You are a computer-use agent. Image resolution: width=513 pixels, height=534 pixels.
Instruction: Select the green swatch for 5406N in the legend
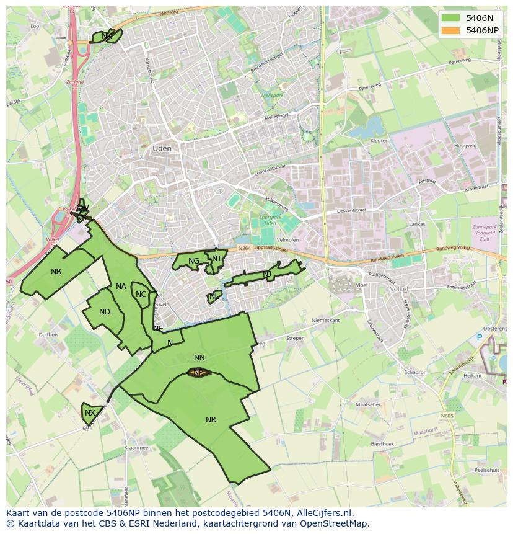tap(452, 18)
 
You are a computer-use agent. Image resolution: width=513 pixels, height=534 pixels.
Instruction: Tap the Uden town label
tap(162, 149)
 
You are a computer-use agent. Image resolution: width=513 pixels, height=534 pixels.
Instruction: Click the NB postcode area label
tap(56, 272)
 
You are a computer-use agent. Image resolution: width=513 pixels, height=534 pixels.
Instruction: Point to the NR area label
tap(211, 420)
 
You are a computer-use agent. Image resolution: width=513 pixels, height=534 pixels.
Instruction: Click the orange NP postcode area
tap(198, 372)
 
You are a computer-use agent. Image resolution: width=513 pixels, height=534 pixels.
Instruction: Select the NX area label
tap(90, 413)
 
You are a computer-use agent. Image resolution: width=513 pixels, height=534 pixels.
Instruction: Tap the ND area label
tap(105, 312)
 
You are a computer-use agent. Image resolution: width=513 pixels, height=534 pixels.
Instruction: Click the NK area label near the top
tap(107, 37)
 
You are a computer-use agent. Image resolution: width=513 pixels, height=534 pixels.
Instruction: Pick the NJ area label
tap(267, 274)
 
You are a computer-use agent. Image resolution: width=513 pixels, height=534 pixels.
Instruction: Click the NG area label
tap(194, 261)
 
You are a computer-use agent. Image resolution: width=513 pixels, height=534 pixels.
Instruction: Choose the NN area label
tap(199, 358)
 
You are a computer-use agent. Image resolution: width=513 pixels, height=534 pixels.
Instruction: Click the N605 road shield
tap(447, 416)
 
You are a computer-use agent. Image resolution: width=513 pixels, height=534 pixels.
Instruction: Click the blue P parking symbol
tap(479, 337)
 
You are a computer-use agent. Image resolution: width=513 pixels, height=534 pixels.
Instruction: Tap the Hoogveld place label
tap(465, 145)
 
